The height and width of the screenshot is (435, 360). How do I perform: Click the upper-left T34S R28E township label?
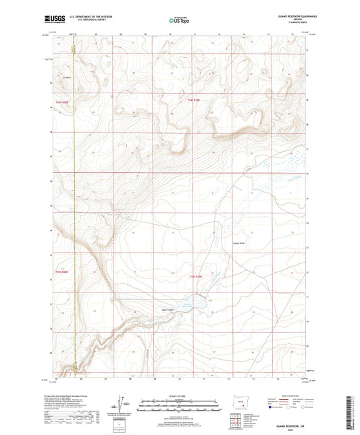[61, 101]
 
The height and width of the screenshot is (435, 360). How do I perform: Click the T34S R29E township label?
[195, 101]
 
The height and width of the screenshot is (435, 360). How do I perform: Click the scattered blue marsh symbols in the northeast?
[284, 165]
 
